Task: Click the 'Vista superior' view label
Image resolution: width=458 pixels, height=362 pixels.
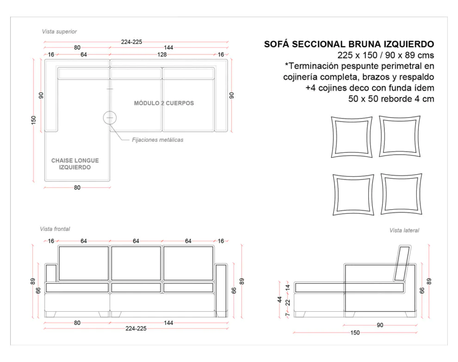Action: click(x=59, y=31)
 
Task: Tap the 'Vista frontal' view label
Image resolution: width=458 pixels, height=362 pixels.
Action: click(x=55, y=229)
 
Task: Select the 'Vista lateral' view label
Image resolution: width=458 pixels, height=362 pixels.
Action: click(x=404, y=230)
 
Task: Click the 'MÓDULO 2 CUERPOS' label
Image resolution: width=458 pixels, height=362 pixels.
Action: click(x=164, y=103)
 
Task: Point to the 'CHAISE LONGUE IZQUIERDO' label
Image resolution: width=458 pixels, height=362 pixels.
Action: click(x=75, y=164)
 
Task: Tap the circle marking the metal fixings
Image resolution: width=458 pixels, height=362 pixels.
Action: click(x=110, y=118)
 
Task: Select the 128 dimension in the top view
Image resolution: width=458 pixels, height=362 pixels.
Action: click(x=161, y=54)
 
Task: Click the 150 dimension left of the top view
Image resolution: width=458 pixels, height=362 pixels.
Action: click(x=33, y=120)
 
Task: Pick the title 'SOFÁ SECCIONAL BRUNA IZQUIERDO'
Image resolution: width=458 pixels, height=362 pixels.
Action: click(x=349, y=44)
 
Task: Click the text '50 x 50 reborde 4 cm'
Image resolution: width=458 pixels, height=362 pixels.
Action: click(x=391, y=98)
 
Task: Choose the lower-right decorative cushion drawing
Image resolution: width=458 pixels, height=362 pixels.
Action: click(x=401, y=194)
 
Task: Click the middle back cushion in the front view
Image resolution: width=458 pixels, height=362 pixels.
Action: click(x=136, y=263)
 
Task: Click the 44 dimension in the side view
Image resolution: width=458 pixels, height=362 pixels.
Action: click(x=280, y=299)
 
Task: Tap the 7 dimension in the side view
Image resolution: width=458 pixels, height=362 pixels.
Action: click(x=287, y=314)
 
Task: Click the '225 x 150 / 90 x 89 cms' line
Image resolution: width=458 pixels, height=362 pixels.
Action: click(x=385, y=55)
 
